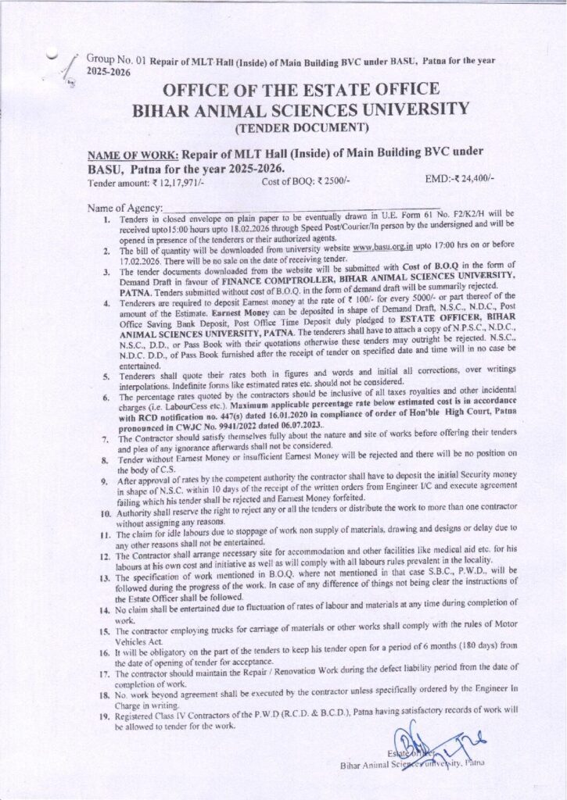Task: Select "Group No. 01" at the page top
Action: pyautogui.click(x=113, y=59)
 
